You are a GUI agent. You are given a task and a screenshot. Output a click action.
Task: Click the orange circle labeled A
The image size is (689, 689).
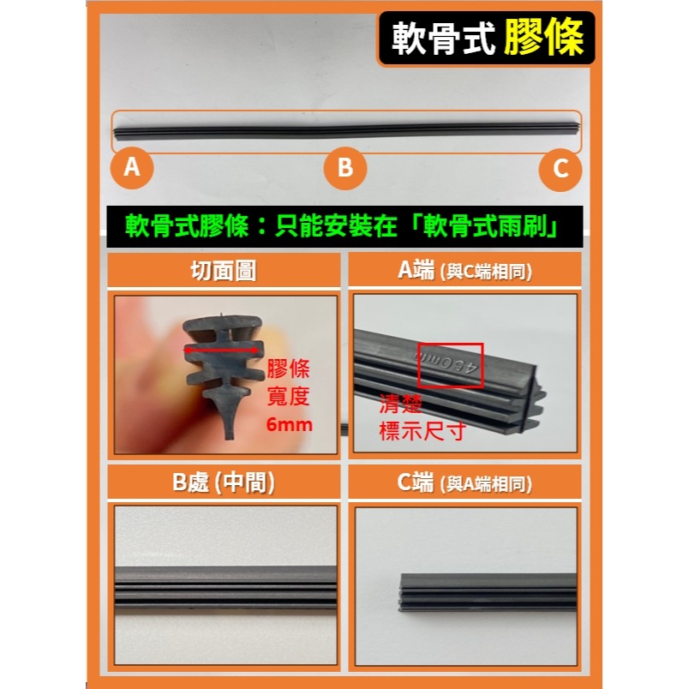pos(131,167)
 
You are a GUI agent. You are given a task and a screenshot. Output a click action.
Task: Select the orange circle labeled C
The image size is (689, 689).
pos(560,169)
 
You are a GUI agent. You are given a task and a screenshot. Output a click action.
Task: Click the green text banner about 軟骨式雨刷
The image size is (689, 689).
pos(344,227)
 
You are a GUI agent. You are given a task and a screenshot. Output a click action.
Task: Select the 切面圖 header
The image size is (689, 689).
pos(226,271)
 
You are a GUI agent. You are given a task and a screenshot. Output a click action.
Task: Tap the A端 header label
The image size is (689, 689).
pos(465,271)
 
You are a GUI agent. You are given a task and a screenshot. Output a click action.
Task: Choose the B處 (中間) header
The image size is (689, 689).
pos(226,482)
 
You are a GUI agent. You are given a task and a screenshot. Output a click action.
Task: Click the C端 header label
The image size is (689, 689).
pos(465,483)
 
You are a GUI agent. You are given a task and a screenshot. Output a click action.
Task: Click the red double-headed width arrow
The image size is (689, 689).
pos(223,350)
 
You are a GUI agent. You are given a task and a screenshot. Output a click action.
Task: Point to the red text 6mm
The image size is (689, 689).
pos(289,425)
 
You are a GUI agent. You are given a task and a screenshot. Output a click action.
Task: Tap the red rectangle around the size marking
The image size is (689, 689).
pos(450,365)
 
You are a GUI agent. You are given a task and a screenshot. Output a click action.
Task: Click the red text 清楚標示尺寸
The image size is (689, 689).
pos(422,416)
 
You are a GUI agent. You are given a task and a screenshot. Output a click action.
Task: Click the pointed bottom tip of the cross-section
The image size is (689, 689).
pos(229,433)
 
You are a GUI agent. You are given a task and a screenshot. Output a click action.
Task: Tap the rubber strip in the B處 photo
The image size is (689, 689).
pos(226,587)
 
